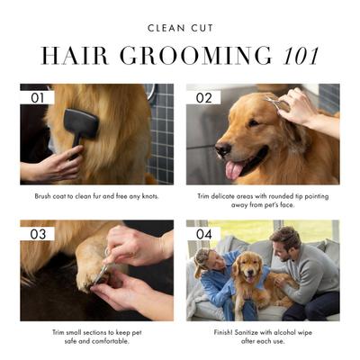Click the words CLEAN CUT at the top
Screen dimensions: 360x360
180,28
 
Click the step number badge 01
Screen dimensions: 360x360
37,96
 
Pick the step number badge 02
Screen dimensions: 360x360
203,96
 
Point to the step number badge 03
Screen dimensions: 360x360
37,233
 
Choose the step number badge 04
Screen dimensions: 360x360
204,233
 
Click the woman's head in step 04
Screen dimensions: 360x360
203,264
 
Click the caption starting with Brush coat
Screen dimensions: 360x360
97,194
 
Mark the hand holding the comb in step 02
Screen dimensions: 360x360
298,106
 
